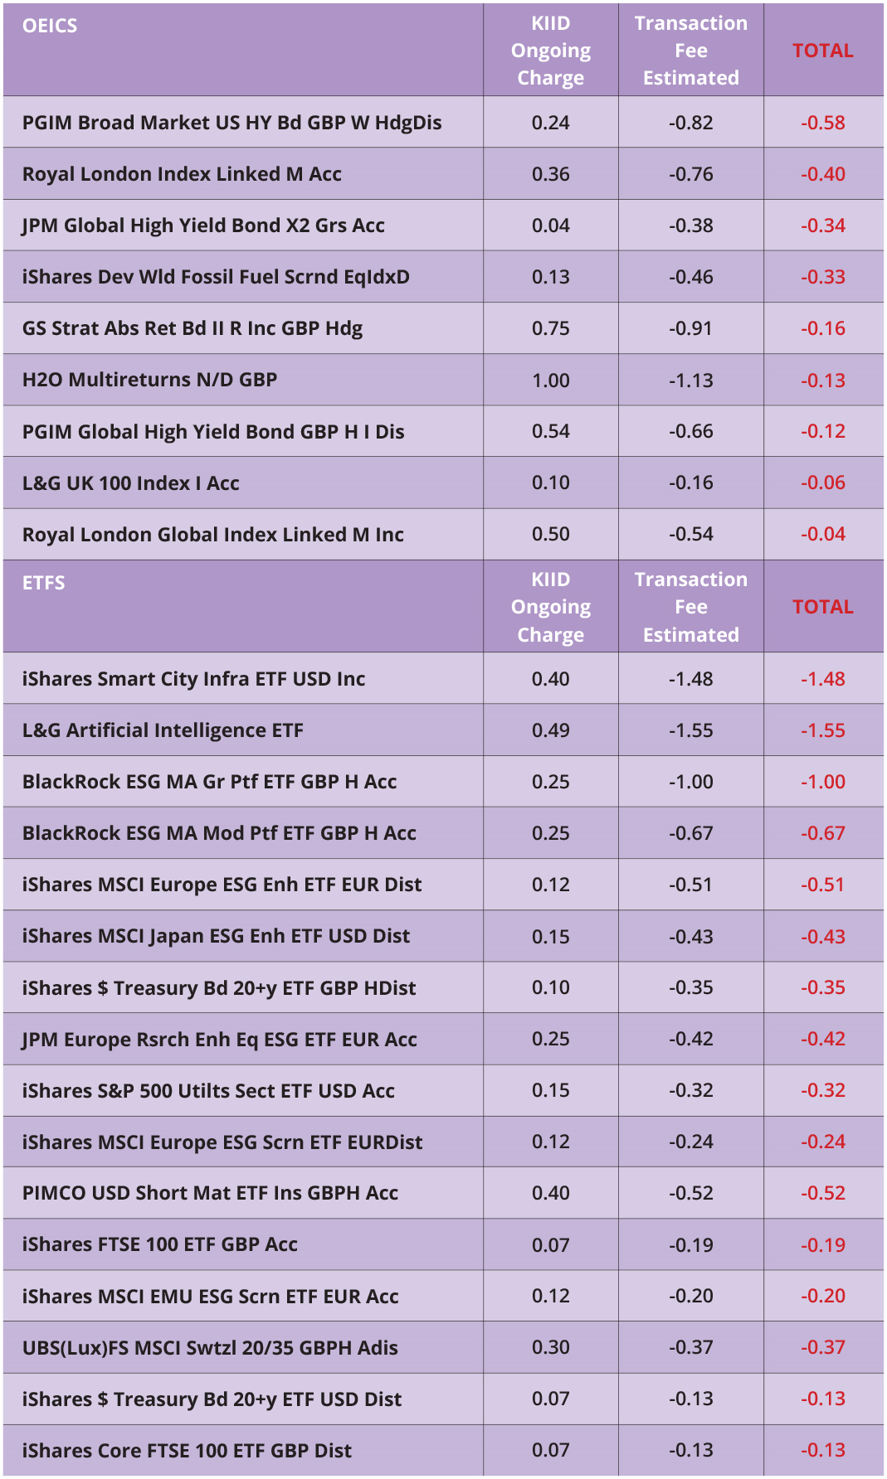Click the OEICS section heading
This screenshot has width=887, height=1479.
click(50, 26)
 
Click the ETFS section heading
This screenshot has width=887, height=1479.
click(43, 583)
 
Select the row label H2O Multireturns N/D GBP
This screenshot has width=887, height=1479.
click(149, 380)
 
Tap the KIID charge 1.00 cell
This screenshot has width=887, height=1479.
click(550, 381)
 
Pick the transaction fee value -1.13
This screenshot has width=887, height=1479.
click(690, 381)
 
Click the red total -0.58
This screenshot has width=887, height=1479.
click(822, 123)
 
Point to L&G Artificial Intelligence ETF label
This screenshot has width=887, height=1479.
click(163, 730)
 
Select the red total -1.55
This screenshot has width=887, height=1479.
click(822, 730)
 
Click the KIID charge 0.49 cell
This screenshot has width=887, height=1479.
click(550, 730)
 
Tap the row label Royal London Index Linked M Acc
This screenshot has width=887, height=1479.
click(182, 174)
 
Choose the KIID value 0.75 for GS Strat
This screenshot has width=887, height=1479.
click(550, 328)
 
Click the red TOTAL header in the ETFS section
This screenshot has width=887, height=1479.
click(822, 607)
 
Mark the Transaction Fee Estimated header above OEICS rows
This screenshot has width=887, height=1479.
click(690, 51)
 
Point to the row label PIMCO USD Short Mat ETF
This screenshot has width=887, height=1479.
click(210, 1193)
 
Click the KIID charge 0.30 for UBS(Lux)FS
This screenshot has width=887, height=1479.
click(550, 1347)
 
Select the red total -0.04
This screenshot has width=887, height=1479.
click(822, 534)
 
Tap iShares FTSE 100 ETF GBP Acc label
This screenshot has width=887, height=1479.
click(159, 1244)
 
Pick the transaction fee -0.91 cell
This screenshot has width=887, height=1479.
click(690, 328)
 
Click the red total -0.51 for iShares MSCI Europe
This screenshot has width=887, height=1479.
click(822, 885)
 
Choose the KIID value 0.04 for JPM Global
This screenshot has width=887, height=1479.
click(550, 225)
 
